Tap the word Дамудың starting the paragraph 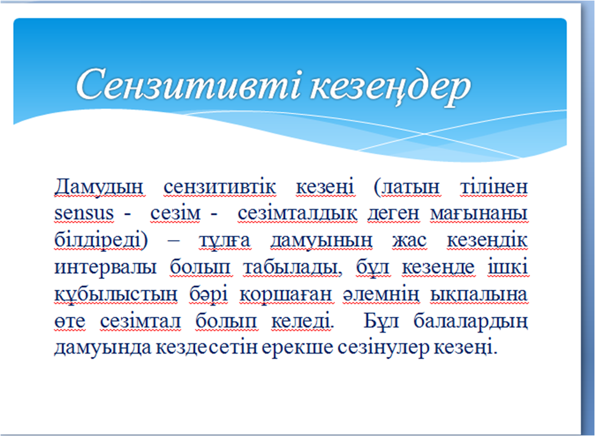coord(99,188)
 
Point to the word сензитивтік coord(220,187)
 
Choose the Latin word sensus coord(84,213)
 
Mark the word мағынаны coord(479,214)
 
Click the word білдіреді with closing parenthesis coord(101,241)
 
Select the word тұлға coord(225,241)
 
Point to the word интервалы coord(106,267)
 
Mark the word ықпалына coord(479,295)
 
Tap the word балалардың coord(471,322)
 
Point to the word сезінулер coord(383,348)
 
